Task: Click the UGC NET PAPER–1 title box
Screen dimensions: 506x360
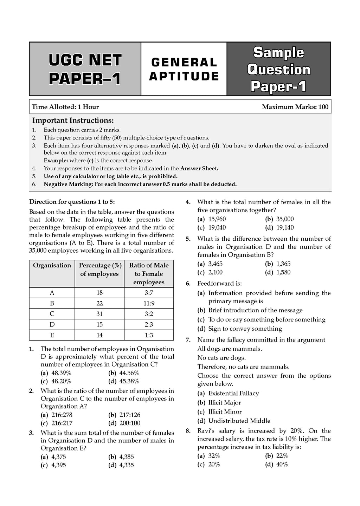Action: pyautogui.click(x=85, y=69)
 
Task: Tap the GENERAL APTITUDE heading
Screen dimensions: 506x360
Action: pyautogui.click(x=184, y=69)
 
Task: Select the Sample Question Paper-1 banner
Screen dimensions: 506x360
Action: pyautogui.click(x=278, y=69)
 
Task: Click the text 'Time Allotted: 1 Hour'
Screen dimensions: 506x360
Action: pyautogui.click(x=65, y=107)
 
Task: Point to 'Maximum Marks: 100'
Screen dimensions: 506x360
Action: pyautogui.click(x=295, y=107)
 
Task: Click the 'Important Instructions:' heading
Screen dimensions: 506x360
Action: pyautogui.click(x=73, y=121)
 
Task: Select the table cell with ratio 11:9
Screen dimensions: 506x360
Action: pyautogui.click(x=149, y=303)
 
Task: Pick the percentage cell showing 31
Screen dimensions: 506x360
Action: pyautogui.click(x=99, y=314)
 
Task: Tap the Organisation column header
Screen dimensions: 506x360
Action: pyautogui.click(x=52, y=265)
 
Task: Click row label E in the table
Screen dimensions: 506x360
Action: pyautogui.click(x=52, y=335)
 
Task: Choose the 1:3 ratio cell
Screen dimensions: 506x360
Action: pyautogui.click(x=149, y=335)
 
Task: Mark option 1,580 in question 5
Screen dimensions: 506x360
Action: pyautogui.click(x=283, y=272)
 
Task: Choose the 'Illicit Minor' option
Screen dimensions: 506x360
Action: pyautogui.click(x=225, y=411)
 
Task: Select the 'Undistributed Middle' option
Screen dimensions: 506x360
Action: pyautogui.click(x=239, y=421)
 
